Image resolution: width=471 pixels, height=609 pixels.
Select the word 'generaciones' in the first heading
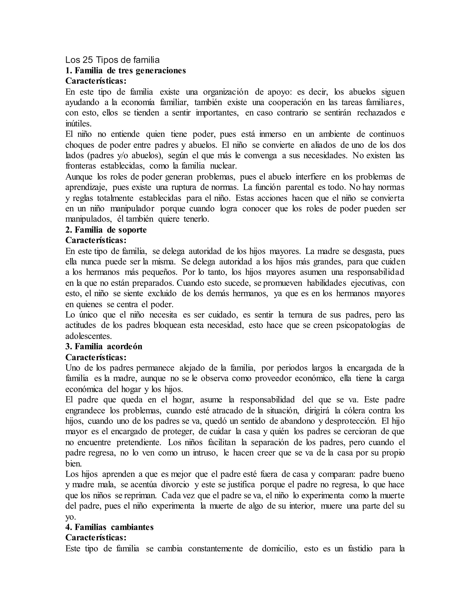coord(161,71)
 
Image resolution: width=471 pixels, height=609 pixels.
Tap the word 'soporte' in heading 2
coord(132,230)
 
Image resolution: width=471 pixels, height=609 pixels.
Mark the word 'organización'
coord(225,92)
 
